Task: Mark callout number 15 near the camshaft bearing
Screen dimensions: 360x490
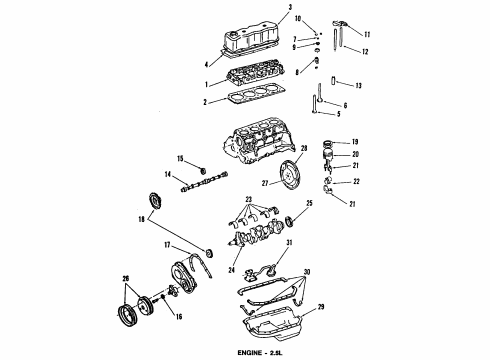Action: (179, 159)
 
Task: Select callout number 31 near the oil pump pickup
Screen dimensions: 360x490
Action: (288, 244)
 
